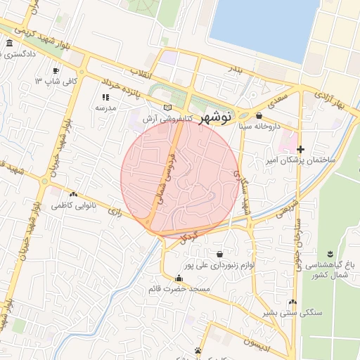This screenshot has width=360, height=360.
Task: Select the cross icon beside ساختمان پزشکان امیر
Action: click(x=301, y=149)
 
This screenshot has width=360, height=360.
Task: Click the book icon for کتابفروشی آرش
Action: click(x=167, y=108)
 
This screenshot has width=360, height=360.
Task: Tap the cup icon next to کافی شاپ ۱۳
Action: click(x=56, y=70)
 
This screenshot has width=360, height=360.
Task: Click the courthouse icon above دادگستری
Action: click(x=8, y=44)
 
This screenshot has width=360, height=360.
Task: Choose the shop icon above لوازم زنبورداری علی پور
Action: click(x=220, y=253)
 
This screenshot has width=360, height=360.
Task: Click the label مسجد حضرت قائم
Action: click(x=179, y=289)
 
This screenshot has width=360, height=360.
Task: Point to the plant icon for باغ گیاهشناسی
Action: click(x=329, y=253)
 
